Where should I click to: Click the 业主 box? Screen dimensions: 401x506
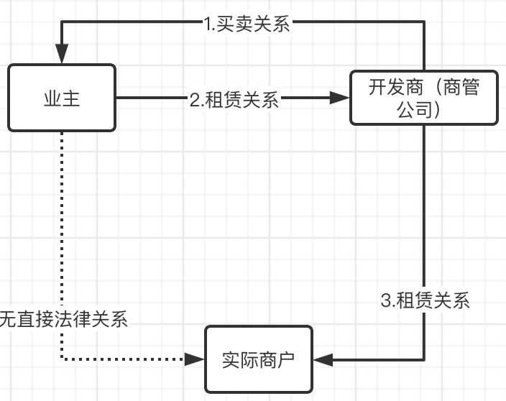click(x=62, y=98)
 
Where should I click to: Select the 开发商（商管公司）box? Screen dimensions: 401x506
click(x=423, y=98)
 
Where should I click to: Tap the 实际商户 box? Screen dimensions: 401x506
click(x=259, y=359)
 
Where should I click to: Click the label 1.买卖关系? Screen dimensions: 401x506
click(x=247, y=23)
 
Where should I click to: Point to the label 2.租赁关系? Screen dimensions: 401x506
click(x=234, y=99)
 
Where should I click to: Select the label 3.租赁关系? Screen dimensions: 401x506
click(x=425, y=300)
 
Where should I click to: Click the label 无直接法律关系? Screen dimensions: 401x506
click(x=63, y=319)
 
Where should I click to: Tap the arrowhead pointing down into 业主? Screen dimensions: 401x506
click(x=62, y=54)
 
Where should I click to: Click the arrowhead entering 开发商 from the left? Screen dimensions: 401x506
click(x=339, y=98)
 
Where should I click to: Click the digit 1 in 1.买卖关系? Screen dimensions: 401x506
click(x=208, y=23)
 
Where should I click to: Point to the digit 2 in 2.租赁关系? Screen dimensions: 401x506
click(x=195, y=99)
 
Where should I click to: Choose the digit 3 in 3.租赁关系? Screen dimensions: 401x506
click(x=385, y=300)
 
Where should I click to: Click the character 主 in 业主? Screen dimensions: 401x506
click(x=71, y=98)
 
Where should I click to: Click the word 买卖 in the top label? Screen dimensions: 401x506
click(x=237, y=23)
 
